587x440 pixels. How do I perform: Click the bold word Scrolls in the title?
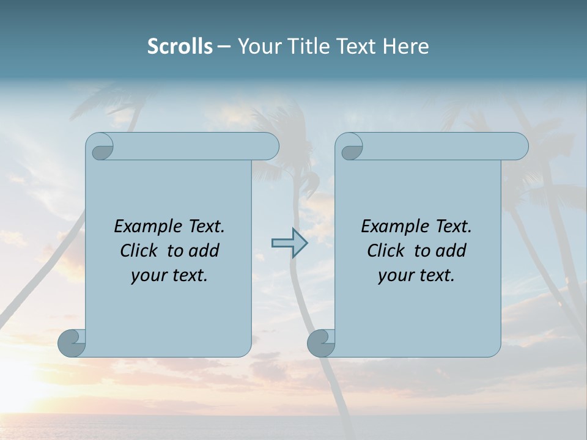pyautogui.click(x=180, y=46)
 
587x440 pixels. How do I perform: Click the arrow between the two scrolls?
pyautogui.click(x=290, y=243)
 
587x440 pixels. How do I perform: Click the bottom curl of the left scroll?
pyautogui.click(x=72, y=342)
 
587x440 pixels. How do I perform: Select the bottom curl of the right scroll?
pyautogui.click(x=321, y=343)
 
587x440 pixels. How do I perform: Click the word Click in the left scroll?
pyautogui.click(x=139, y=251)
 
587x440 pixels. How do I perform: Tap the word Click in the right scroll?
pyautogui.click(x=386, y=251)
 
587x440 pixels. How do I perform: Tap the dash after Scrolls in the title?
pyautogui.click(x=224, y=47)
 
